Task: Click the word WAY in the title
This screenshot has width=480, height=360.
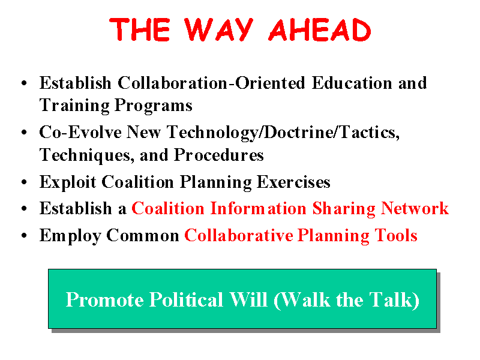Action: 218,29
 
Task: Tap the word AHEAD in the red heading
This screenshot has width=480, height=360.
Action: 320,29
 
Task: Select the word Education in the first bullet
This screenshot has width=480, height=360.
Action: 352,83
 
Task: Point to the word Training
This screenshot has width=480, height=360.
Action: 74,106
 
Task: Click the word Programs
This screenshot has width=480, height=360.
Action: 154,106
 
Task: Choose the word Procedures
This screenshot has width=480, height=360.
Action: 219,155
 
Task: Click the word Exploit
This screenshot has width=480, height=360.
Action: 68,182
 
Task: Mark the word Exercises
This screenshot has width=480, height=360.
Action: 293,182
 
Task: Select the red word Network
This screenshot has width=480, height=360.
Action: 415,208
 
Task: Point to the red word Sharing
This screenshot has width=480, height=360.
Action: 344,209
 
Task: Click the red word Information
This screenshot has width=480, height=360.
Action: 259,208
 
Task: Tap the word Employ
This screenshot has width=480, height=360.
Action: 70,236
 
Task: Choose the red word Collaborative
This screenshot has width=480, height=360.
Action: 239,235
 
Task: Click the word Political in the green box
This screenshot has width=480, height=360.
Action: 186,299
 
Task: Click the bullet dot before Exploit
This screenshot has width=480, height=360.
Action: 24,182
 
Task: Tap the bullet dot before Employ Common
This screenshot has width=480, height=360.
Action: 24,235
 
